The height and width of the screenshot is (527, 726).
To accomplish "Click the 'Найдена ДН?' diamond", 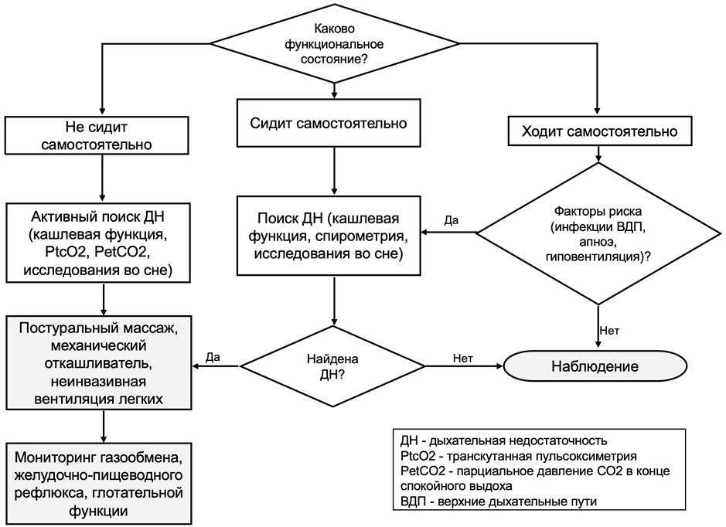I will (333, 365).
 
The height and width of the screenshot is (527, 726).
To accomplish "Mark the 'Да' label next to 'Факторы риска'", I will (451, 220).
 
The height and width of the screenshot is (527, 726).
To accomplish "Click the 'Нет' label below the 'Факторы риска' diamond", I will (608, 331).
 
